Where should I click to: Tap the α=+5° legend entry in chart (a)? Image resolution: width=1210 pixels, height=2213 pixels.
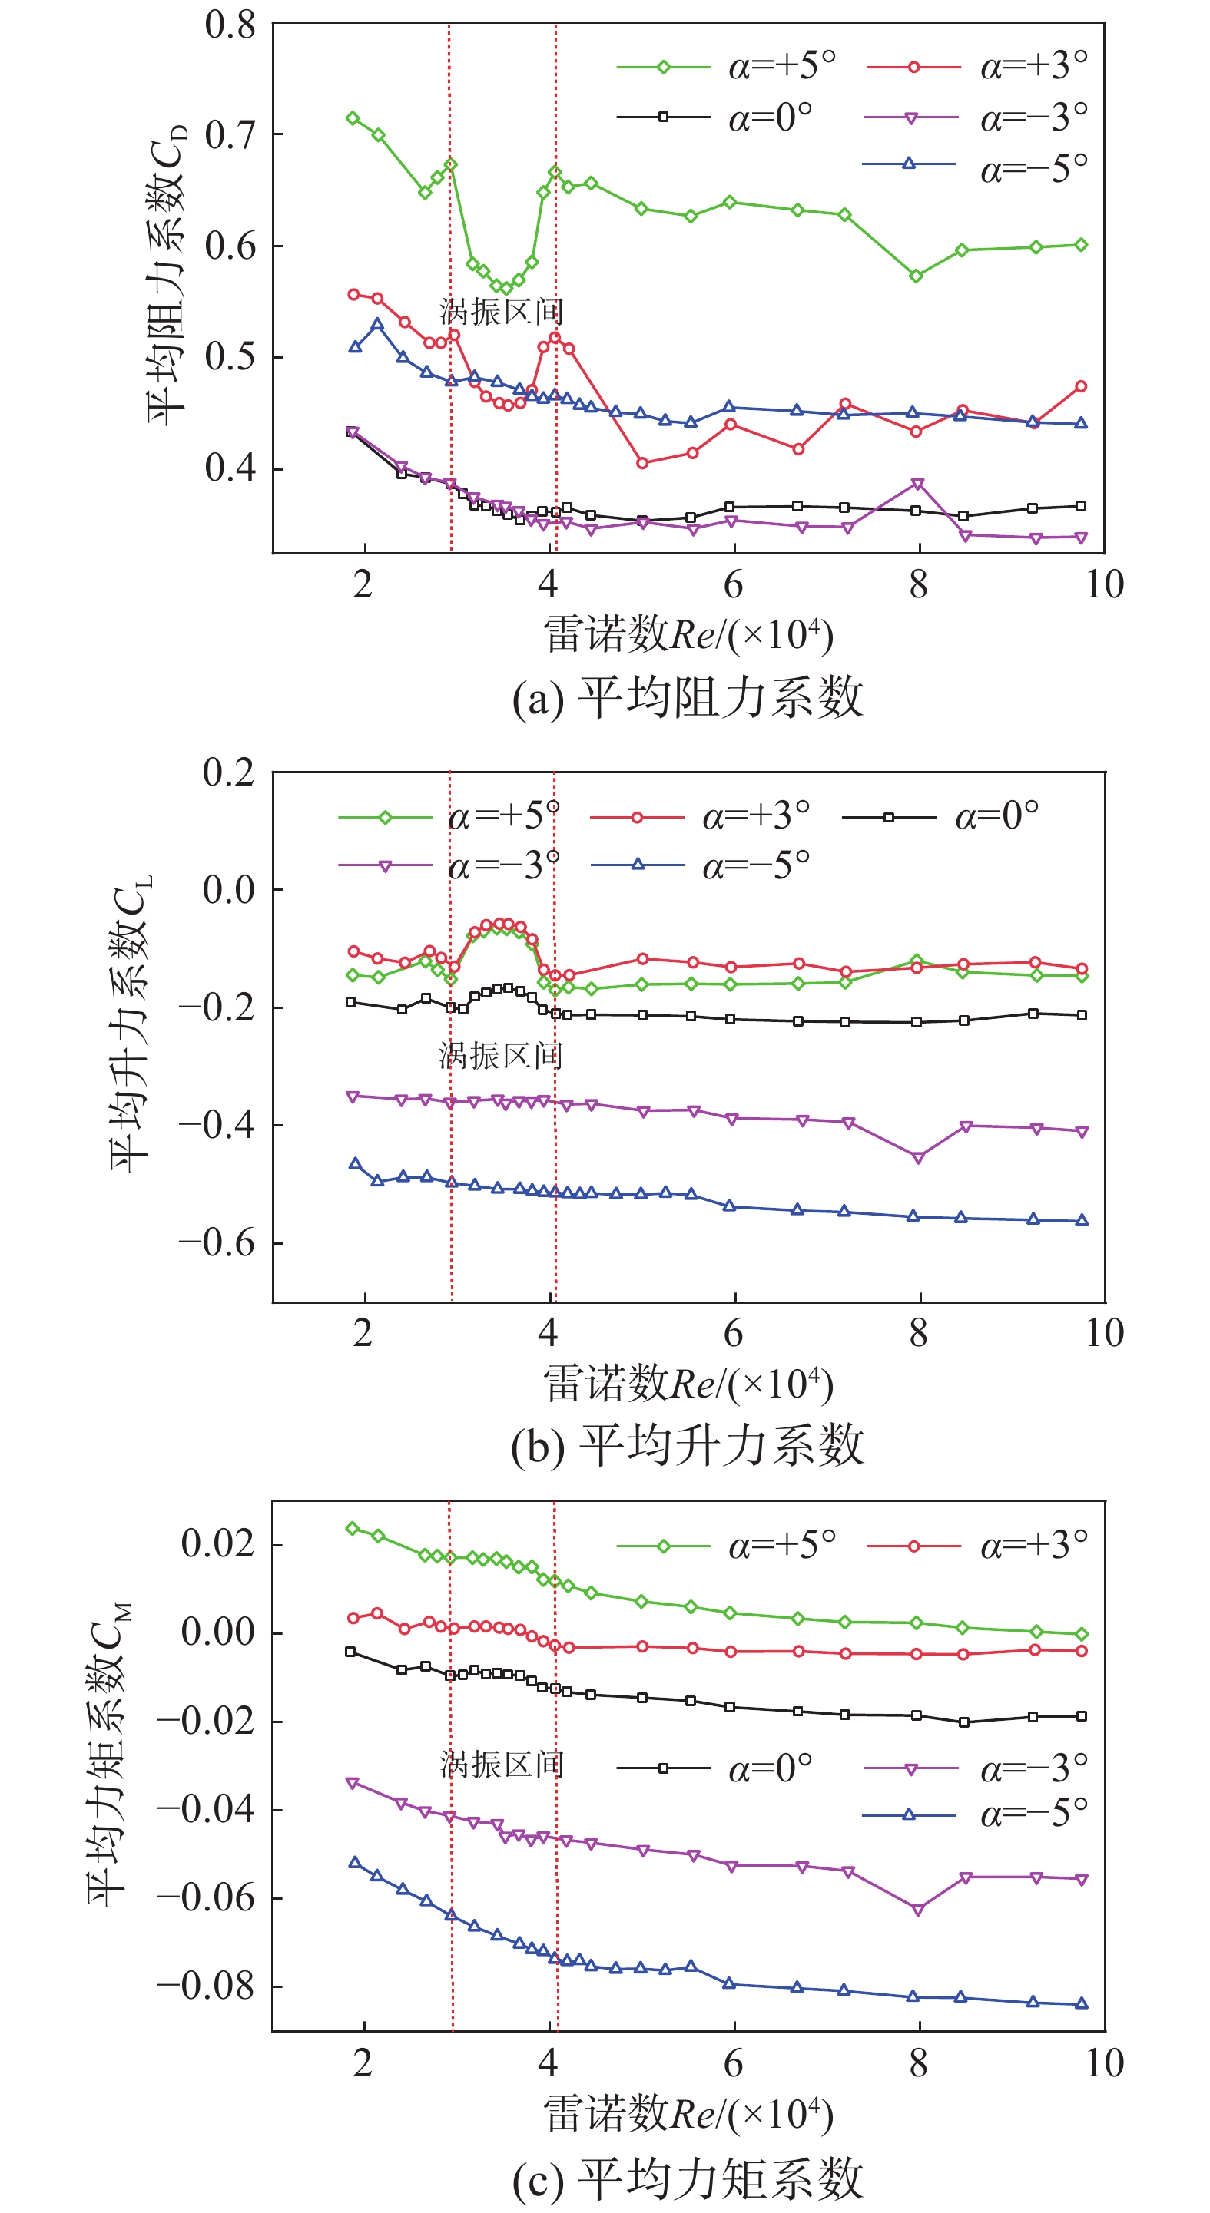(726, 66)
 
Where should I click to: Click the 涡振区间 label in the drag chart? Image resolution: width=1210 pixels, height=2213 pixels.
(501, 312)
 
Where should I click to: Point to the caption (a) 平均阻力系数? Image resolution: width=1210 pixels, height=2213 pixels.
(688, 696)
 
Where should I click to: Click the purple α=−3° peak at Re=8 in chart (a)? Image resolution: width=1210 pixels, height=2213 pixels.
(918, 485)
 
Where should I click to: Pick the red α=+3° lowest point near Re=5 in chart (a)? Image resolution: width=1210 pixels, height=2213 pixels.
(642, 463)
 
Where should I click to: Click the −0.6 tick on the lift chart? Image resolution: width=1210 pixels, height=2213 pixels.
(217, 1242)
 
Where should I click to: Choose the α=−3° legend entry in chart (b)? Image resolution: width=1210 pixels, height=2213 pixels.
(449, 865)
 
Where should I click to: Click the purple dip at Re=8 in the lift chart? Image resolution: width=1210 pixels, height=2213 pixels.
(918, 1158)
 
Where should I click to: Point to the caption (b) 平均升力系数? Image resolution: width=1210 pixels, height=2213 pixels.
(688, 1446)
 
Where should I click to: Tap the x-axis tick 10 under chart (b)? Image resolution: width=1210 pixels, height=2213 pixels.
(1104, 1333)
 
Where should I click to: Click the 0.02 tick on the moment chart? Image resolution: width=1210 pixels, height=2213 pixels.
(217, 1543)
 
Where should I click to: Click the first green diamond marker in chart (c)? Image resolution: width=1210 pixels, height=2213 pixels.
(352, 1528)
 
